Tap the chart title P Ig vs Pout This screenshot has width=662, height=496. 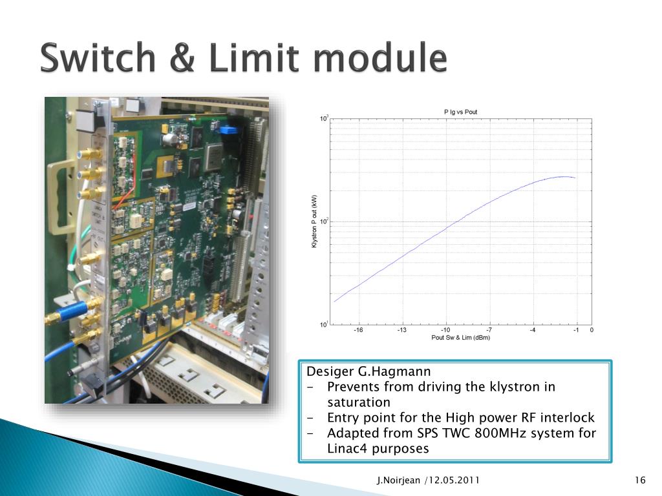[460, 112]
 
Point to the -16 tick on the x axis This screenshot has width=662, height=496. [358, 330]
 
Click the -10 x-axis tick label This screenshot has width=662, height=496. [445, 330]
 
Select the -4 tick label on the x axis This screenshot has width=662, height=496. [532, 330]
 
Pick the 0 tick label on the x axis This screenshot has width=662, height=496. [592, 330]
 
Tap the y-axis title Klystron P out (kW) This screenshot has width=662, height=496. [315, 221]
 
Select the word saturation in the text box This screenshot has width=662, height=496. [359, 402]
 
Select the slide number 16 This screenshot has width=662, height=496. [641, 480]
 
